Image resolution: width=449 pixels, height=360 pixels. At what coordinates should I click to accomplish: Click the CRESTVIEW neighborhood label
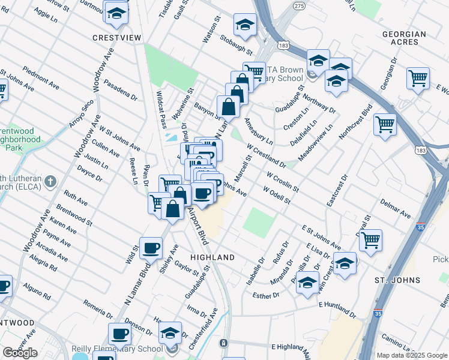point(116,38)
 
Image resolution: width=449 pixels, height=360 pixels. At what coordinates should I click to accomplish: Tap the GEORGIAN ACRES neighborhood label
point(411,38)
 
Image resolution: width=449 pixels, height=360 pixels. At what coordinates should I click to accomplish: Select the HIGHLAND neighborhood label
point(212,257)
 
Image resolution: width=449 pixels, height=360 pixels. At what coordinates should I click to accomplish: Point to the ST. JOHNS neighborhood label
point(413,280)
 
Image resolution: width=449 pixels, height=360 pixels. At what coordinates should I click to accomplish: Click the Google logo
point(20,353)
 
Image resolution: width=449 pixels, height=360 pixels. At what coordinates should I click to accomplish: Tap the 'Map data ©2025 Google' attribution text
point(412,355)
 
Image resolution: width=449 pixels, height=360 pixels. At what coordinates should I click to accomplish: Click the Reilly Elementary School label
point(117,349)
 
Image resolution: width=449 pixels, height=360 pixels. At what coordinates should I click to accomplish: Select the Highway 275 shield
point(282,5)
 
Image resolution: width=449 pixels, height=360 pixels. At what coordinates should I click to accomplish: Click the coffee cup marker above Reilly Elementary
point(119,334)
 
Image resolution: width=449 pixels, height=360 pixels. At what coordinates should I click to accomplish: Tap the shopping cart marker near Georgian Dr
point(418,78)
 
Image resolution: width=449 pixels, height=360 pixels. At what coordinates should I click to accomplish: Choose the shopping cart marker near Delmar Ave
point(370,239)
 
